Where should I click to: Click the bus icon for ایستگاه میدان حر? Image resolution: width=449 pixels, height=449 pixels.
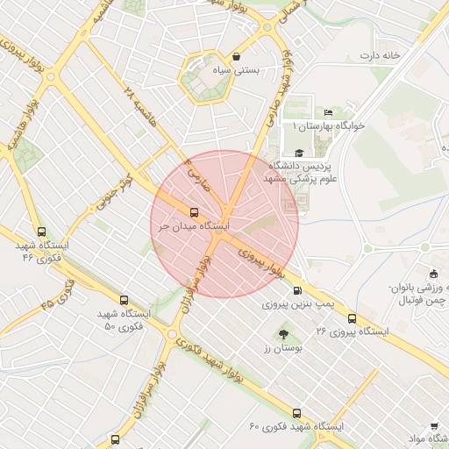coord(194,211)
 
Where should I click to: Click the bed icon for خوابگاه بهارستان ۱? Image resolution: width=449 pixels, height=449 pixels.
coord(328,112)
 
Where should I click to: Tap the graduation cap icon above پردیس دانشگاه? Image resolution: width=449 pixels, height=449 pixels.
coord(300,153)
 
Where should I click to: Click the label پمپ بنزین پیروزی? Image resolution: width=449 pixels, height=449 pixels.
coord(299,305)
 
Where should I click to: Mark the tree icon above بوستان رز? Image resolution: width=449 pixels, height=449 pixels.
coord(282,334)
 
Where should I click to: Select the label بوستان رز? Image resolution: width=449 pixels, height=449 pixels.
coord(282,348)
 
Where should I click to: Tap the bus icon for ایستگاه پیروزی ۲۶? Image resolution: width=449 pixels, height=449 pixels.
coord(353,318)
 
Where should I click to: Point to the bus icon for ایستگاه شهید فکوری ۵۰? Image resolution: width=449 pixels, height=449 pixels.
coord(124,300)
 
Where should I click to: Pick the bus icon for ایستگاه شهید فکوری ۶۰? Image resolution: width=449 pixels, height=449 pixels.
coord(296,412)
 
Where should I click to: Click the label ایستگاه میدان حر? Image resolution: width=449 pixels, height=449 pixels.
coord(194,225)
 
